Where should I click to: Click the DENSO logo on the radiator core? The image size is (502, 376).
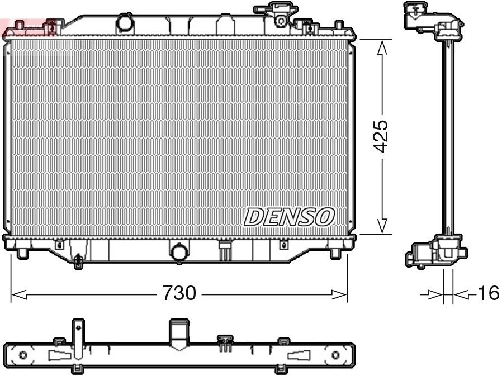[x=290, y=217]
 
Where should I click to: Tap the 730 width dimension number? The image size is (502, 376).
[x=179, y=293]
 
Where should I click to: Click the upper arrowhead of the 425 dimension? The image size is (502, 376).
[x=382, y=48]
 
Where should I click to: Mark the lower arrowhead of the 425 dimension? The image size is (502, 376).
[x=382, y=226]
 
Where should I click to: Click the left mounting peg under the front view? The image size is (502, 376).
[x=22, y=253]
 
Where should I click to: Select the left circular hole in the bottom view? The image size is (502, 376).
[x=23, y=355]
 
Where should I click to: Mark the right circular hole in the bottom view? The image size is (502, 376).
[x=335, y=355]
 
